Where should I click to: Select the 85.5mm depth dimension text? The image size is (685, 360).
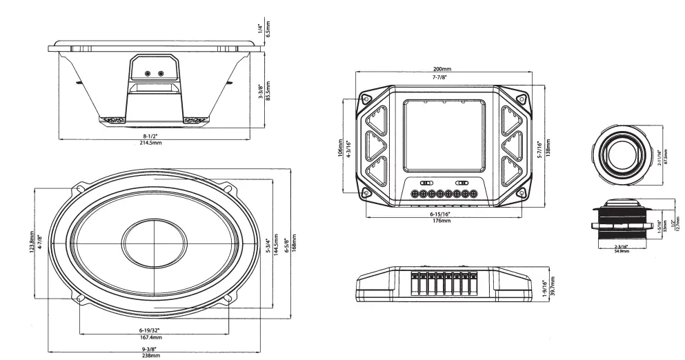pyautogui.click(x=268, y=90)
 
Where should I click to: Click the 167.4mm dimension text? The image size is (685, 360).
pyautogui.click(x=151, y=338)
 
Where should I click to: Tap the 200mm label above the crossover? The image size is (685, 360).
pyautogui.click(x=442, y=70)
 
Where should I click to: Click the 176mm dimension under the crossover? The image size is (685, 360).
pyautogui.click(x=442, y=221)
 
